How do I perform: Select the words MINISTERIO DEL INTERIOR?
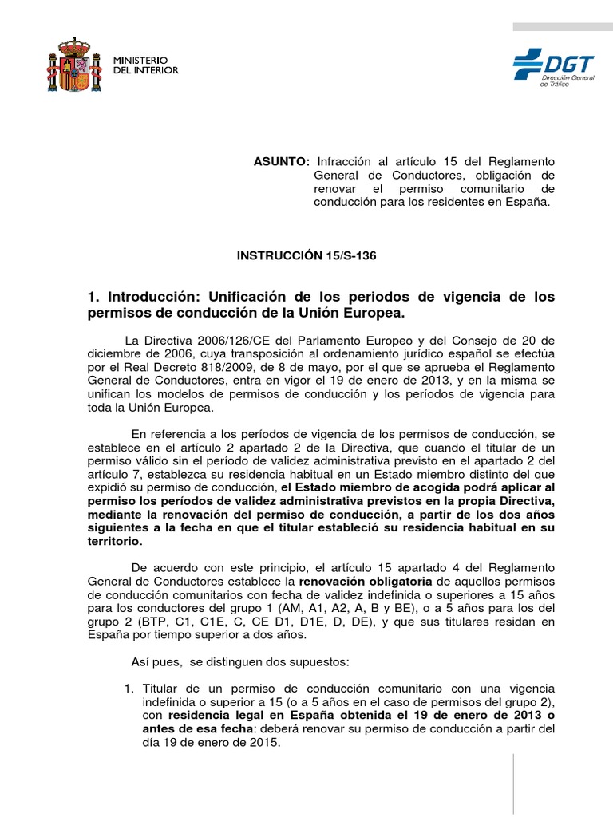pyautogui.click(x=145, y=65)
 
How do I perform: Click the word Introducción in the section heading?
pyautogui.click(x=147, y=297)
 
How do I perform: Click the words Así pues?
pyautogui.click(x=152, y=662)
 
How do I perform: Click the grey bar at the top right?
pyautogui.click(x=562, y=27)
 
